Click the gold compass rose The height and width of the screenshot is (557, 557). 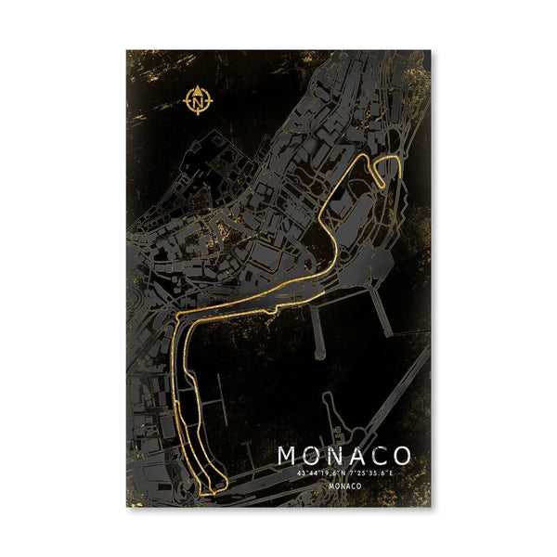point(200,98)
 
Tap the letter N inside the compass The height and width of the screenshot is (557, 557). point(200,98)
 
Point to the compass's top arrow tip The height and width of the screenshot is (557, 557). point(200,85)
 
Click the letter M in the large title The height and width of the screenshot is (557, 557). point(289,457)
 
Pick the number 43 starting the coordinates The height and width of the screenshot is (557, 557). point(300,473)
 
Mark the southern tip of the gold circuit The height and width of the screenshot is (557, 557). point(214,489)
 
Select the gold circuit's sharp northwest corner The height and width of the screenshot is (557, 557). point(177,317)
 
